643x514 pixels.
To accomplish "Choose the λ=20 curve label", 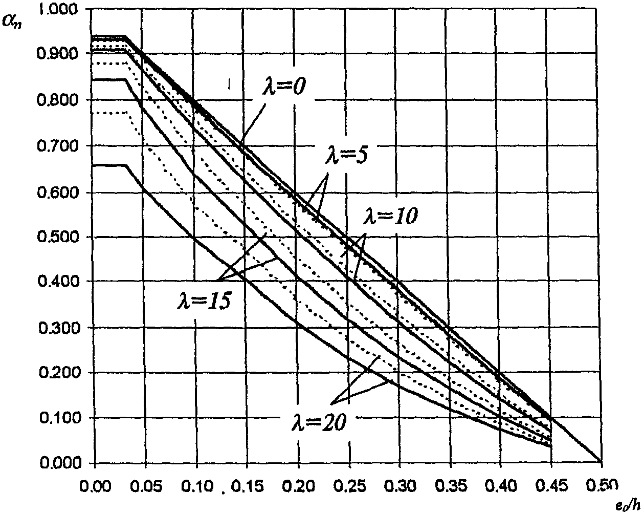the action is [319, 422].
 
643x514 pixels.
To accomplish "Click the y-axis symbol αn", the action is [12, 22].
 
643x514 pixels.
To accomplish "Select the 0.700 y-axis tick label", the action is [58, 146].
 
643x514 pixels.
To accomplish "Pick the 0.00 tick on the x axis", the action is [95, 486].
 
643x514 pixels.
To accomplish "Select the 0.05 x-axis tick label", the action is [146, 486].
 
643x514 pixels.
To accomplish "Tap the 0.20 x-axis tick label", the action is [299, 486].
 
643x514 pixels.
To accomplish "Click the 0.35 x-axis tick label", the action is [451, 486].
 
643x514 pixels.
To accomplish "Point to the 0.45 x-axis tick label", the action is [551, 486].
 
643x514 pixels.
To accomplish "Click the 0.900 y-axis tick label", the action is [57, 54].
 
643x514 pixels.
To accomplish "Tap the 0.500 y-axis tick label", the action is [58, 237].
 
